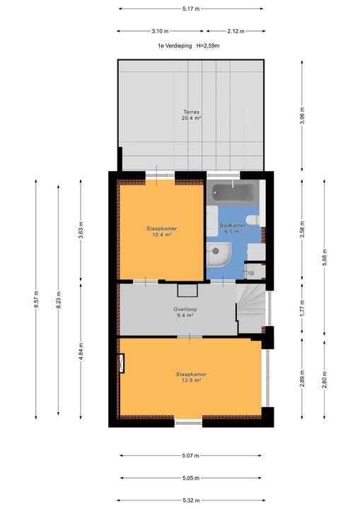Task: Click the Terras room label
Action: coord(191,112)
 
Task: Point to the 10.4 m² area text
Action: coord(162,235)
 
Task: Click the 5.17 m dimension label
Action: coord(191,8)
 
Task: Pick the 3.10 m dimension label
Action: coord(161,30)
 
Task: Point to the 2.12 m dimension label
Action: coord(236,30)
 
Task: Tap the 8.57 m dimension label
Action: coord(35,300)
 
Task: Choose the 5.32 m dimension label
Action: coord(191,500)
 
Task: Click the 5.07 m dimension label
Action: coord(191,455)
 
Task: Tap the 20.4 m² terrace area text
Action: coord(191,119)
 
